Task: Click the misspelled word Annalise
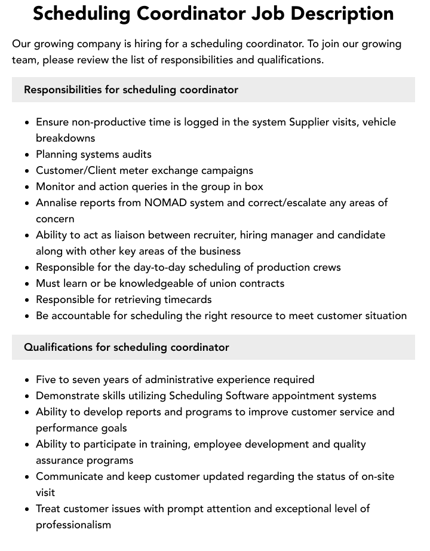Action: coord(57,203)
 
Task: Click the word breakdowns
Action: coord(65,138)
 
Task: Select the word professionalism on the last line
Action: coord(73,525)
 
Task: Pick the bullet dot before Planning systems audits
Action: coord(27,155)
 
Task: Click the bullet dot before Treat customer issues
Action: coord(27,509)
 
